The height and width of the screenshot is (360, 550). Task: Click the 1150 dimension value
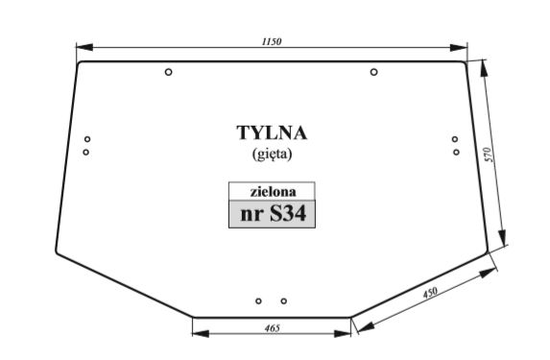[272, 41]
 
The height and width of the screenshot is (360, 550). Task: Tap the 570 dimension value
[489, 155]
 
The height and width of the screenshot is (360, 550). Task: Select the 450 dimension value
[430, 293]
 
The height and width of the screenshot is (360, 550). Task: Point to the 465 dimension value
[273, 328]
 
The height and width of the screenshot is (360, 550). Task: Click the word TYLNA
[272, 133]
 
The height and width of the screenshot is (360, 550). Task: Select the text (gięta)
[273, 154]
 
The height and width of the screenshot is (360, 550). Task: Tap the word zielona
[273, 192]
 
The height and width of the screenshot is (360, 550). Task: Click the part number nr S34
[274, 213]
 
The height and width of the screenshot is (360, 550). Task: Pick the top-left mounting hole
[168, 72]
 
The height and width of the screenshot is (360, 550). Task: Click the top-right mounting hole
[374, 72]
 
